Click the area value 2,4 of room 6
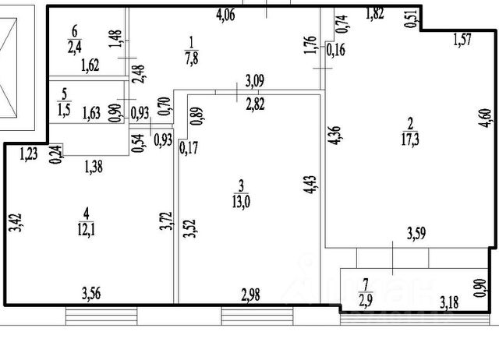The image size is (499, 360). tap(75, 45)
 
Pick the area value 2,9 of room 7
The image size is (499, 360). tap(365, 299)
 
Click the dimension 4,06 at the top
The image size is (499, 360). tap(225, 13)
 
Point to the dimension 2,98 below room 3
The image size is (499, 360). tap(252, 294)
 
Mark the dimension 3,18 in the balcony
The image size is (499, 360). tap(450, 300)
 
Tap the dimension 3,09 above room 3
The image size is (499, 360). tap(255, 80)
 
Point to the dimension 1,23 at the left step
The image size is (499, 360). tap(30, 154)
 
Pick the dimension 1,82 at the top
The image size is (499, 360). tap(375, 12)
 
